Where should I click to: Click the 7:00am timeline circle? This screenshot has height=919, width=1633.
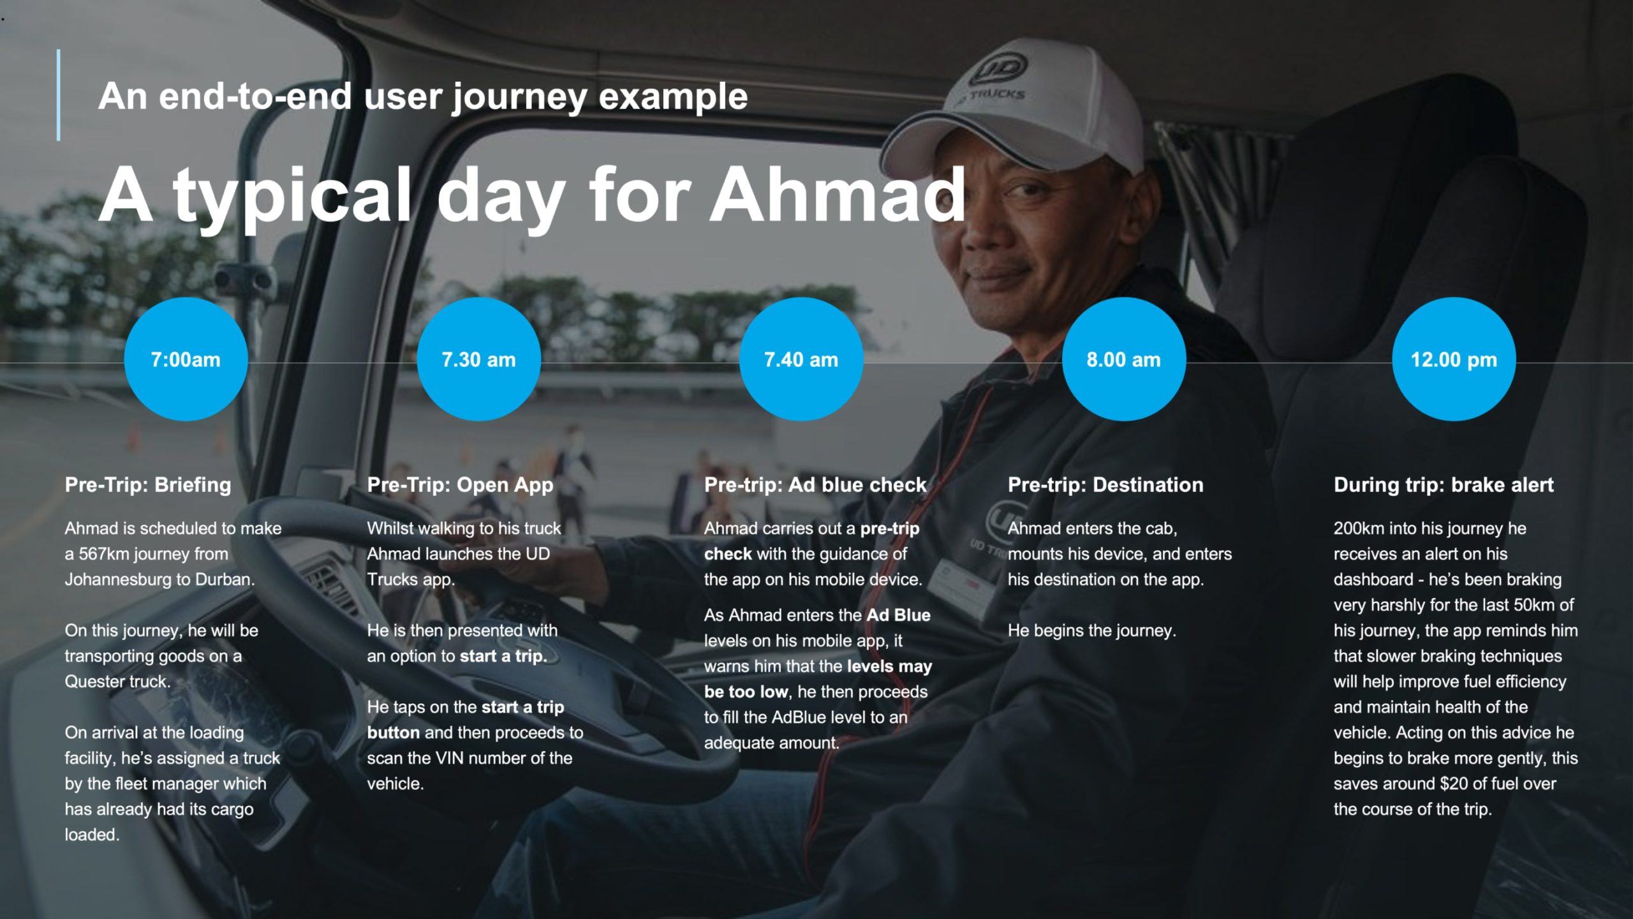[186, 359]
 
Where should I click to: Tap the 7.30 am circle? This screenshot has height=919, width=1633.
[479, 359]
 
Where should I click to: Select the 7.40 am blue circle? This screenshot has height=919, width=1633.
[801, 359]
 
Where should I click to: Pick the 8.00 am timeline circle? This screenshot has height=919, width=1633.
[1124, 359]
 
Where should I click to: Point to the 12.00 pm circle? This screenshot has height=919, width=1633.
[1454, 359]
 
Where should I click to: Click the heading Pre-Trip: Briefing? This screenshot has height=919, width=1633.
[148, 485]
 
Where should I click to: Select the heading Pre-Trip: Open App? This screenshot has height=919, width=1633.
[460, 486]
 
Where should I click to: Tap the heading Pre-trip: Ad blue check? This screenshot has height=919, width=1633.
[815, 485]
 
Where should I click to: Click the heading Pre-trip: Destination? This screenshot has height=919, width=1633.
[1105, 485]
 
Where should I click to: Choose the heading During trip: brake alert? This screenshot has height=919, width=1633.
[1444, 485]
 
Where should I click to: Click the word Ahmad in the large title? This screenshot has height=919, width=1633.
[838, 195]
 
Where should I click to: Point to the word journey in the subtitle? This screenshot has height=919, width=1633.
[520, 97]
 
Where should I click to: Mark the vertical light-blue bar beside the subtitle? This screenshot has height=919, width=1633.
[59, 95]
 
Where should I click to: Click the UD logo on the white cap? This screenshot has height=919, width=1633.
[998, 69]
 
